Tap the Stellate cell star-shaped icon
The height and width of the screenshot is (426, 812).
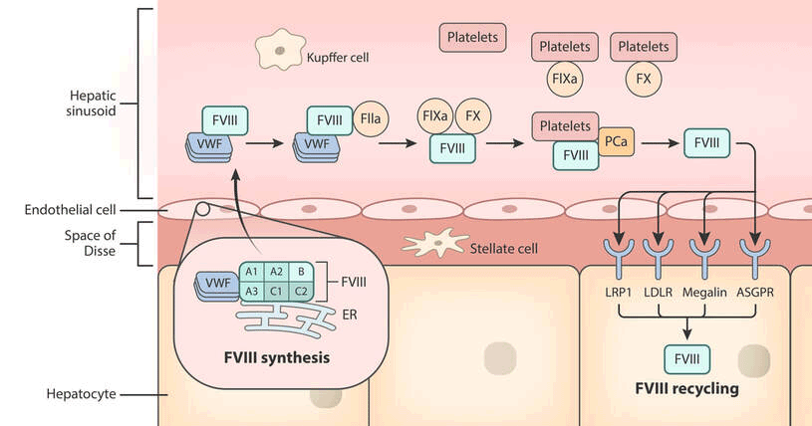click(434, 243)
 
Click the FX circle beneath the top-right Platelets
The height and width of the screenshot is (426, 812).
click(644, 76)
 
